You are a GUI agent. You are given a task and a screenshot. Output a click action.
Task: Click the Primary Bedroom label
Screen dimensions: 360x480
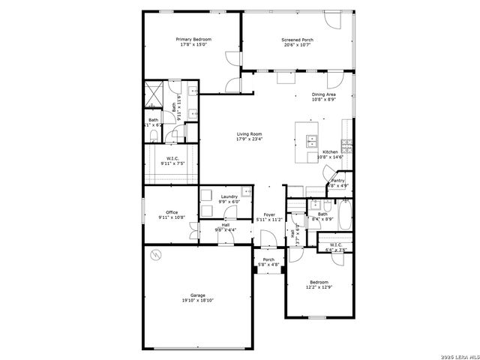pyautogui.click(x=193, y=39)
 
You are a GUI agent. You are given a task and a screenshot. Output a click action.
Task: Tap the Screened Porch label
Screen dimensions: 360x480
pyautogui.click(x=297, y=39)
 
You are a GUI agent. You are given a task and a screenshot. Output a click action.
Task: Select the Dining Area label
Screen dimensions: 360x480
pyautogui.click(x=323, y=94)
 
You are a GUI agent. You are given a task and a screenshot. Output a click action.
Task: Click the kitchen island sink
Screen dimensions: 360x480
pyautogui.click(x=311, y=139)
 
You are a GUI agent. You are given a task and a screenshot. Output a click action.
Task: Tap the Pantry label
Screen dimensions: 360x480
pyautogui.click(x=337, y=180)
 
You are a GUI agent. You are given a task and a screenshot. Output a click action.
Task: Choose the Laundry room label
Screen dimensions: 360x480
pyautogui.click(x=229, y=196)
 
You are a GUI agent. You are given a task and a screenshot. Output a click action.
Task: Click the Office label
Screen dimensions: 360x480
pyautogui.click(x=172, y=212)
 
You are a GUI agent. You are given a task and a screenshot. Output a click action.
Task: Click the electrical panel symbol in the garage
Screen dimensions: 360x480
pyautogui.click(x=156, y=254)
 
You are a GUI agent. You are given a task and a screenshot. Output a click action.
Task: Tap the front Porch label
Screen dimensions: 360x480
pyautogui.click(x=268, y=259)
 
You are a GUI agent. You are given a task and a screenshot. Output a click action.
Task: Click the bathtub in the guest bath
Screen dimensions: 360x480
pyautogui.click(x=344, y=216)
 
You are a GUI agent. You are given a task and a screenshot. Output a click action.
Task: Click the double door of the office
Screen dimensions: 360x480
pyautogui.click(x=193, y=228)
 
